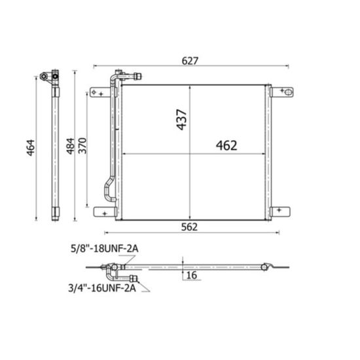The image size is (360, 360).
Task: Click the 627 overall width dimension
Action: click(x=190, y=61)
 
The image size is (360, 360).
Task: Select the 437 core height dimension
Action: click(x=181, y=120)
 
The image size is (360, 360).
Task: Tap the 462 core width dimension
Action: click(x=226, y=145)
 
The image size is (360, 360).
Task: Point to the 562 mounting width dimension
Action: click(x=189, y=227)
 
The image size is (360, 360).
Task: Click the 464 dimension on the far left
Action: click(x=31, y=148)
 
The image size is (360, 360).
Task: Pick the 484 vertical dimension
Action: click(x=71, y=146)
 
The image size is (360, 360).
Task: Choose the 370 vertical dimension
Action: click(x=82, y=146)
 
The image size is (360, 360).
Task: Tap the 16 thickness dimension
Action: click(x=192, y=275)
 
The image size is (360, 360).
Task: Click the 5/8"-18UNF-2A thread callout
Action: click(x=105, y=249)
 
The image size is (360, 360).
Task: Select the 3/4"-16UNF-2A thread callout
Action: click(x=102, y=288)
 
